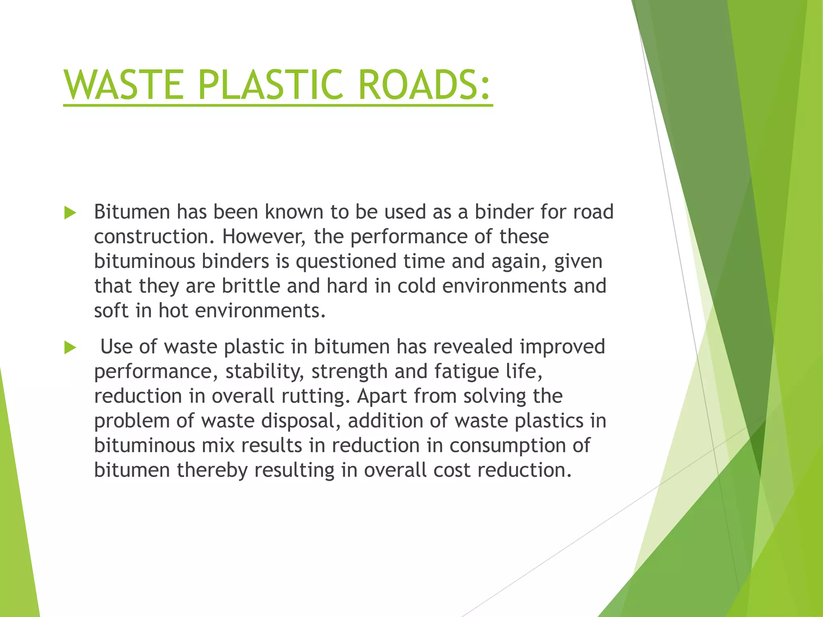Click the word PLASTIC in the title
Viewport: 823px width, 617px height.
(271, 85)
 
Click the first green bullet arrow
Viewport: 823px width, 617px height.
(70, 213)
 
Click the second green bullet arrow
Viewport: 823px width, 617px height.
(70, 348)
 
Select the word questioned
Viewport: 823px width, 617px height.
(346, 262)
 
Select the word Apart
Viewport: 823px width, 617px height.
(382, 396)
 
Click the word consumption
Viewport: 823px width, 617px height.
(508, 445)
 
